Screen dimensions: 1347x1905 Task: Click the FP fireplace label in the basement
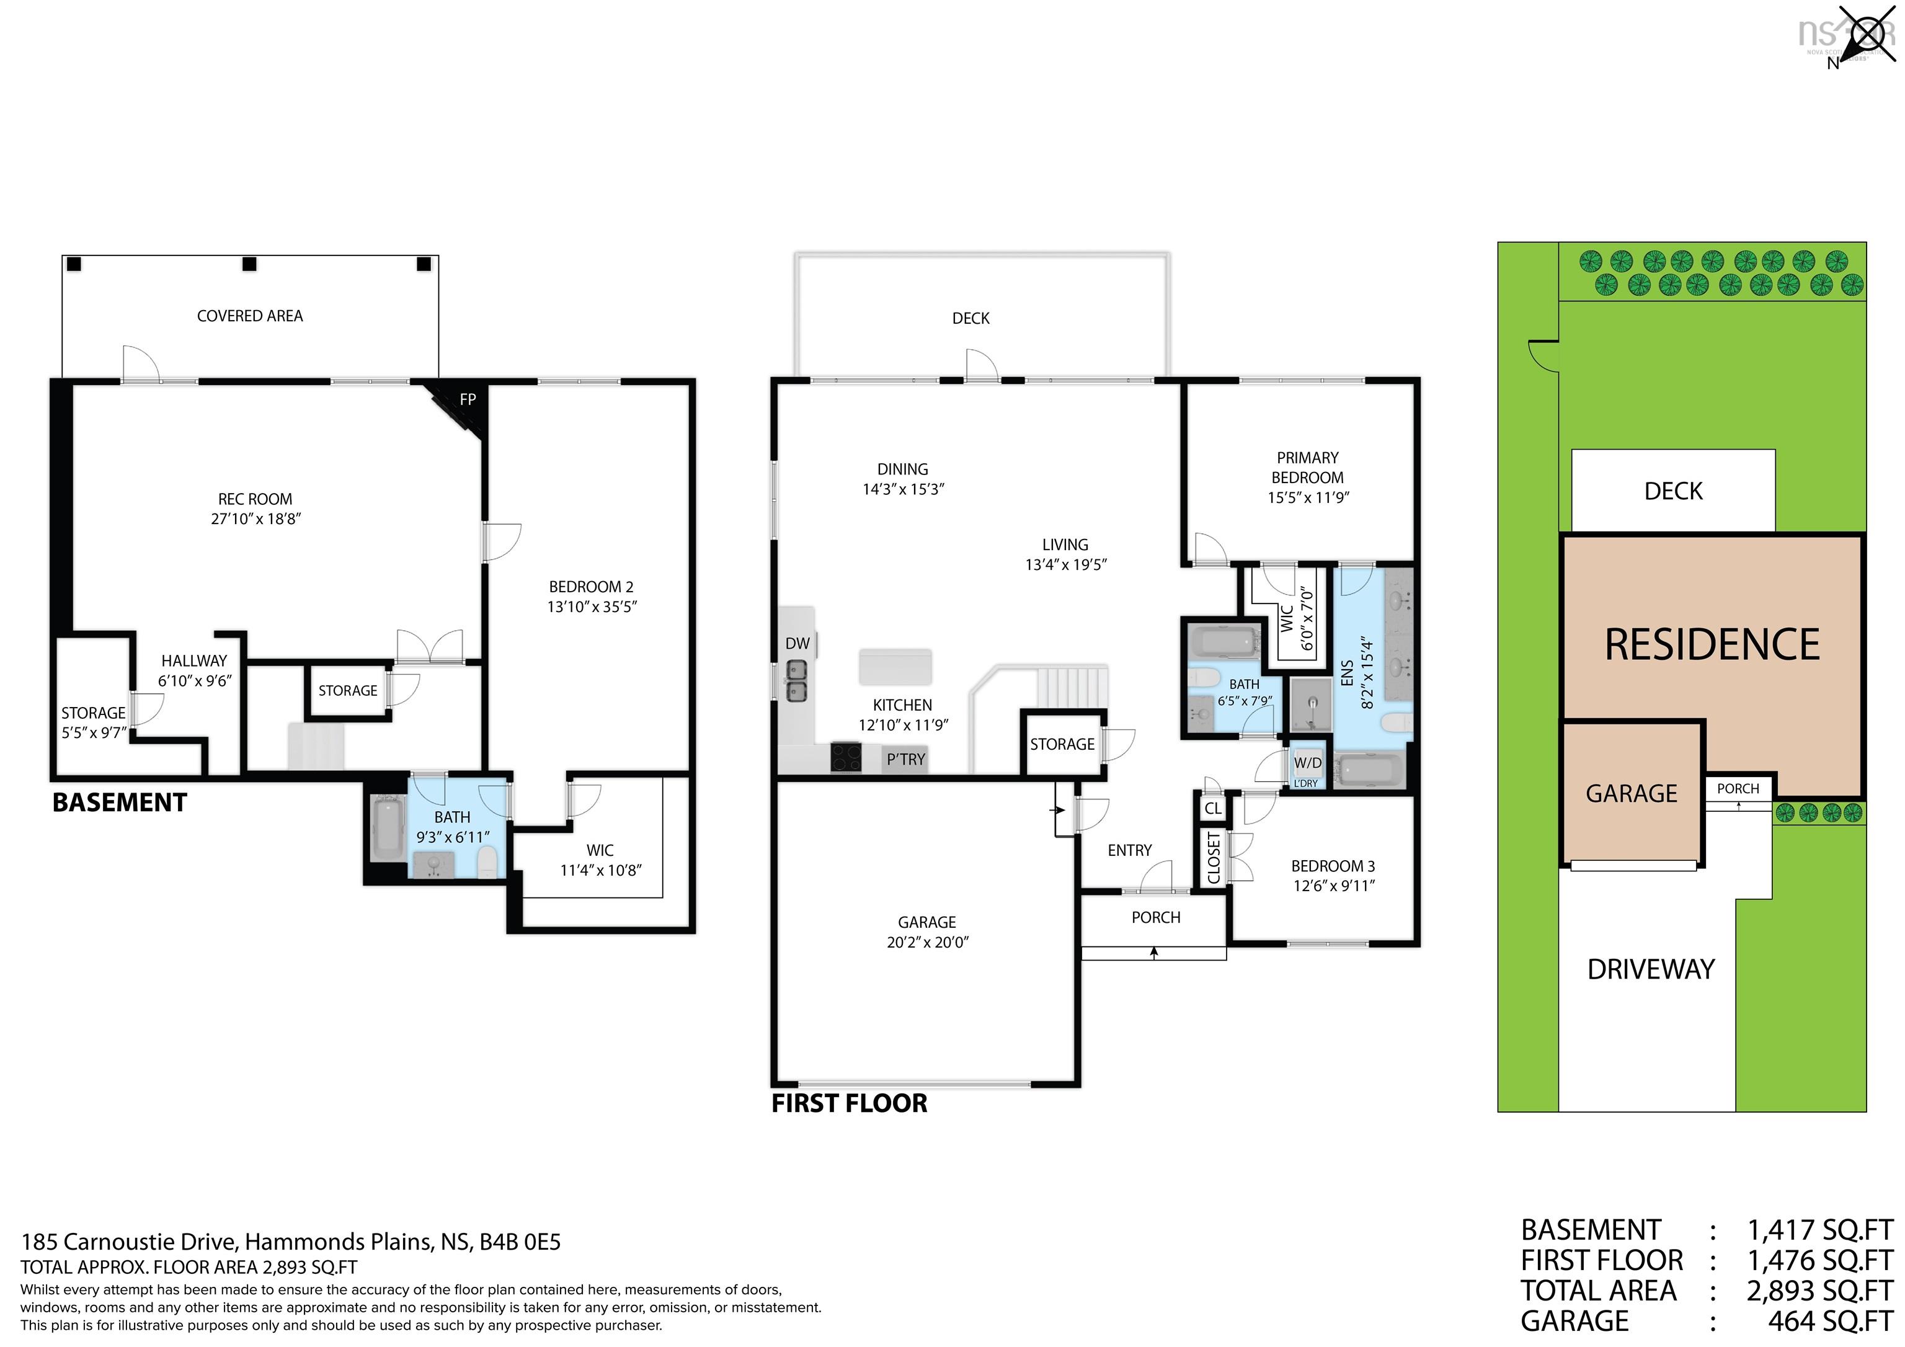[x=467, y=399]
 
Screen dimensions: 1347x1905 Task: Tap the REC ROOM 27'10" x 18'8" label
[x=255, y=509]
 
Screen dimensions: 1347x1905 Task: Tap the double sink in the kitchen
[x=796, y=680]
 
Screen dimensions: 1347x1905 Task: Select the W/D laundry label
[x=1308, y=763]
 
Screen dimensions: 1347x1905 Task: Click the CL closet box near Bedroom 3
[x=1212, y=808]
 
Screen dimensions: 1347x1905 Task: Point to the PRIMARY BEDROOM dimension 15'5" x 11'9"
[x=1308, y=497]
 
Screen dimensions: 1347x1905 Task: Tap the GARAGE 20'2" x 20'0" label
[x=927, y=932]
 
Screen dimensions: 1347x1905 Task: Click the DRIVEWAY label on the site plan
[x=1650, y=969]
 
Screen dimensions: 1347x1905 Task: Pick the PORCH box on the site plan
[x=1738, y=788]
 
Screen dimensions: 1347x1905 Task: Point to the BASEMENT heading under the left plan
[x=120, y=802]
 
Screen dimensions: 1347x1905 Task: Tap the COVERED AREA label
[x=250, y=316]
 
